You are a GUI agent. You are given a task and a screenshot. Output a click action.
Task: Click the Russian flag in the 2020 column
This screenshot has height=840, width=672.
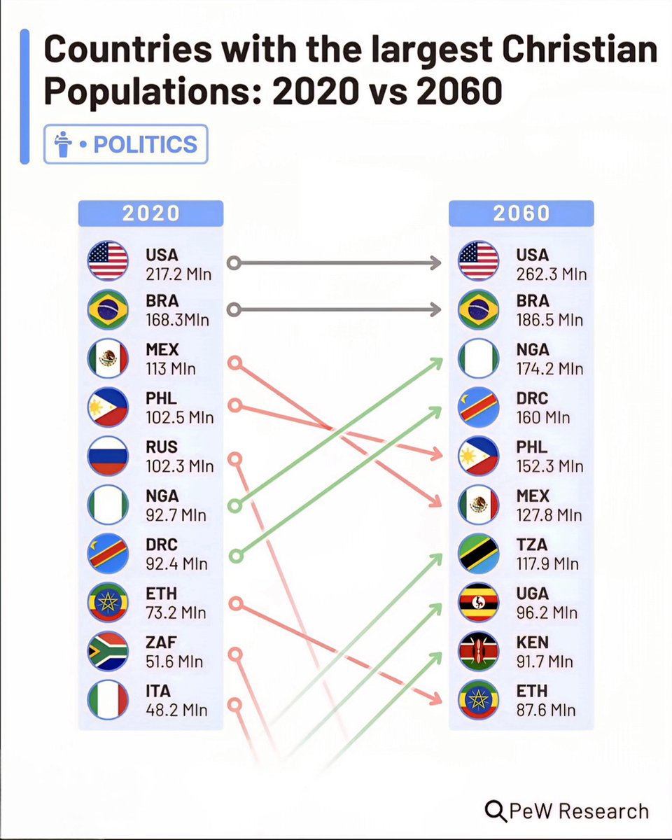pos(108,456)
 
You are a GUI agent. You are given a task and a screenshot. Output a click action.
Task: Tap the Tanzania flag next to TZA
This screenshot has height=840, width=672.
pos(478,553)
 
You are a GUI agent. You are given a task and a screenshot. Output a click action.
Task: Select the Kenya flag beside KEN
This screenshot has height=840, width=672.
pos(478,651)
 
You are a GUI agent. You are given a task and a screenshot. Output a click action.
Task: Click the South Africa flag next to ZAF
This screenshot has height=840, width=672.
pos(108,651)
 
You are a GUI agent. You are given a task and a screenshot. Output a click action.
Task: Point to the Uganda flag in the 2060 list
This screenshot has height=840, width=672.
pos(478,602)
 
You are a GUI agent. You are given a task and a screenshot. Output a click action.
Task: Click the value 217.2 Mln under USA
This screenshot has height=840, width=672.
pos(178,273)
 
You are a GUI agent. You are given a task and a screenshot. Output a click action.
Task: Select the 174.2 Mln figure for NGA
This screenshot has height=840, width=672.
pos(549,368)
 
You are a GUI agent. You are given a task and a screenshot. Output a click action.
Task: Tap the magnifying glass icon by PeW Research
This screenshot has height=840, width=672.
pos(496,811)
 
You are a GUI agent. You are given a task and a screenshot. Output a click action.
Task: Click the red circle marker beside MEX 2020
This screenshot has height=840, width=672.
pos(235,362)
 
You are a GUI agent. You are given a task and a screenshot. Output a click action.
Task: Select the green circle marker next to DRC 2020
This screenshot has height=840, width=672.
pos(236,555)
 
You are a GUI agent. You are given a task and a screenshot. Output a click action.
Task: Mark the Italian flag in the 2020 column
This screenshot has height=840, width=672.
pos(108,700)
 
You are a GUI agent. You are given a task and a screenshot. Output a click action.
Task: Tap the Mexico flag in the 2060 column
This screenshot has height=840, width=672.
pos(478,505)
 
